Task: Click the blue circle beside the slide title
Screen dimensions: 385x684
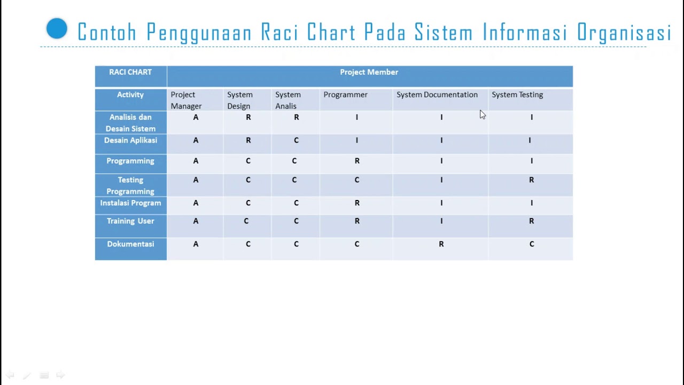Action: (x=57, y=29)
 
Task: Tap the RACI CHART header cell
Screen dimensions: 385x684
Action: (x=130, y=72)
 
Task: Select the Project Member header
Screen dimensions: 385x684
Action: (x=369, y=72)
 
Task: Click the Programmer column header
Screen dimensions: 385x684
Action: (x=345, y=95)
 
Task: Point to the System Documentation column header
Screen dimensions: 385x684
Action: (x=437, y=95)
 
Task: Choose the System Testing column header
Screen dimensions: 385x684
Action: (x=517, y=95)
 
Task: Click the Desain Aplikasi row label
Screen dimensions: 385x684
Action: (x=130, y=140)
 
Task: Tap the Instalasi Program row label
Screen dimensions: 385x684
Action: (x=130, y=203)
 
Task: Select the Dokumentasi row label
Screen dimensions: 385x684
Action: (x=130, y=244)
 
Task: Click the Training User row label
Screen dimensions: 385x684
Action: (x=130, y=221)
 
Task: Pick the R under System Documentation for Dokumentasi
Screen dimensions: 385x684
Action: (x=441, y=244)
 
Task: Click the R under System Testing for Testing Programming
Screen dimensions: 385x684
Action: (x=531, y=180)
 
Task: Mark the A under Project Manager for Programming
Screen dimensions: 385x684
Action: (x=196, y=161)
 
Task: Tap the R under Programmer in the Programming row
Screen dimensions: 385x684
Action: (x=357, y=161)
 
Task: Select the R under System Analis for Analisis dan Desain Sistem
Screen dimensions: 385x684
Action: (x=296, y=117)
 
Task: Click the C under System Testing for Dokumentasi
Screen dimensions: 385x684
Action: (x=531, y=244)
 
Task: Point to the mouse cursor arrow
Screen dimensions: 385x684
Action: (x=482, y=114)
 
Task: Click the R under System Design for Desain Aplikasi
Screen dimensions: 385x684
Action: (x=248, y=140)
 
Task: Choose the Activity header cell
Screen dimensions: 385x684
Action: (x=130, y=95)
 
